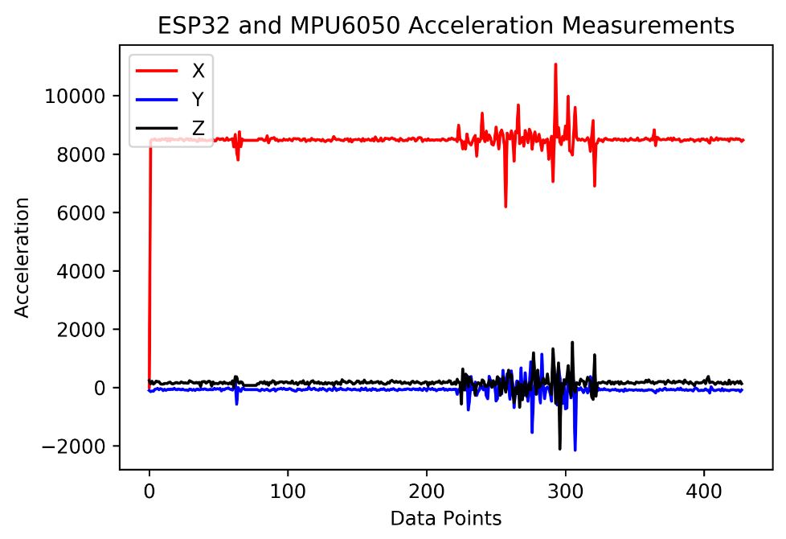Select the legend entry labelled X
[x=198, y=70]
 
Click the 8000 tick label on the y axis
[x=84, y=154]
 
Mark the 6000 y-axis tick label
[x=84, y=212]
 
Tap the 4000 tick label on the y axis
[x=84, y=271]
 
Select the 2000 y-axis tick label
[x=84, y=330]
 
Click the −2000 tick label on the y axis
[x=80, y=446]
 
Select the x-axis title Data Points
[x=446, y=518]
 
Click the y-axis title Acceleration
[x=25, y=257]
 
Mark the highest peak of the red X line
[x=555, y=64]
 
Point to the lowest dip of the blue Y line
[x=575, y=450]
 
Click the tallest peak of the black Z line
[x=572, y=342]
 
